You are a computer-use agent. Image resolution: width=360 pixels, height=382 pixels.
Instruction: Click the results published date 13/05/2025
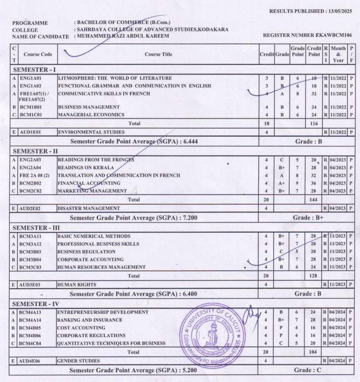point(338,11)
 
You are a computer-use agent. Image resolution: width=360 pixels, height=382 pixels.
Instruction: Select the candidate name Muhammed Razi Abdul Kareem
point(122,36)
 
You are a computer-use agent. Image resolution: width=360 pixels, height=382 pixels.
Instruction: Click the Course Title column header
point(159,55)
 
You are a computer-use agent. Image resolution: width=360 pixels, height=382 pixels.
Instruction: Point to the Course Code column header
point(38,55)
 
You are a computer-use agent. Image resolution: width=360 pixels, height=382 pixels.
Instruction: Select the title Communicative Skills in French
point(104,94)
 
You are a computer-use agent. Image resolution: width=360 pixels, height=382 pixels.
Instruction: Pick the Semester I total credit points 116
point(314,124)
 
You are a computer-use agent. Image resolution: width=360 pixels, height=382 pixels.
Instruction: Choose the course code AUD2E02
point(30,209)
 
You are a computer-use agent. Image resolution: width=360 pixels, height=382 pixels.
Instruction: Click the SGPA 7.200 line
point(134,217)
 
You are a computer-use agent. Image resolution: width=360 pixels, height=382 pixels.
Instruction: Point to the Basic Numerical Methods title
point(94,236)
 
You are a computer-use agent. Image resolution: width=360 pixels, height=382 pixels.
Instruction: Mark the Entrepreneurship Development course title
point(103,312)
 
